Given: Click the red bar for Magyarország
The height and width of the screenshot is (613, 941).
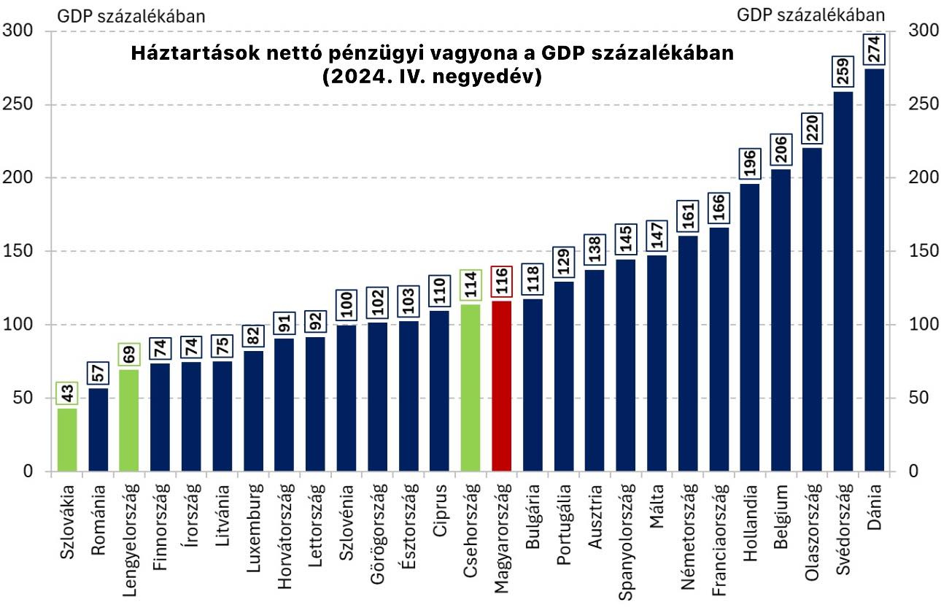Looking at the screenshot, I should click(502, 387).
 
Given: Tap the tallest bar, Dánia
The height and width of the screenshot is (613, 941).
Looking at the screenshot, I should click(874, 270).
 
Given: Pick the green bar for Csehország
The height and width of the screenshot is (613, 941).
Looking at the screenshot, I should click(471, 388).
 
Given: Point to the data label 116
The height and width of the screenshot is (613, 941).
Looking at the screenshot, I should click(502, 282).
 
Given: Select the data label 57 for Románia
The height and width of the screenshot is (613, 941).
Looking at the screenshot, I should click(98, 372).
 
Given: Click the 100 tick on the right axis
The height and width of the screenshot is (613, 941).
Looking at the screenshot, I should click(921, 325).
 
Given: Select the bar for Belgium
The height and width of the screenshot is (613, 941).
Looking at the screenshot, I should click(781, 320).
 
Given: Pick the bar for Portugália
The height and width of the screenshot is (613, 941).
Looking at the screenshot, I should click(564, 377).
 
